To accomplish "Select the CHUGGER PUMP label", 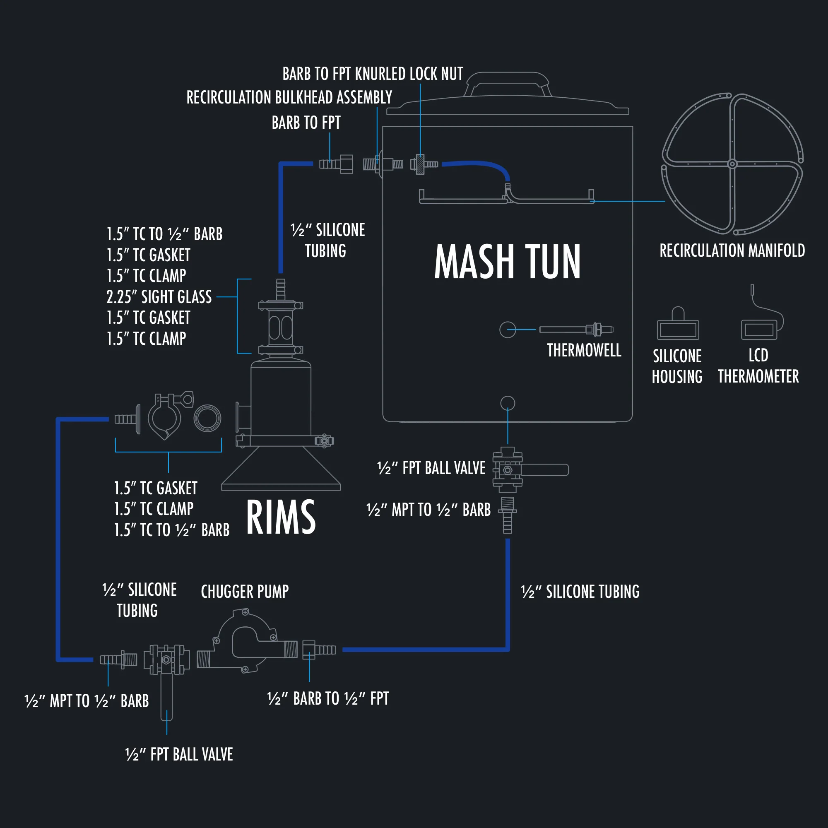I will (x=245, y=592).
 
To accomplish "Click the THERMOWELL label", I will (x=584, y=350).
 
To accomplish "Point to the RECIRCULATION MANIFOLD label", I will (x=732, y=250).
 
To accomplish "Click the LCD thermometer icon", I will (x=759, y=329).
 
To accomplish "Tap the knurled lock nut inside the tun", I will (x=421, y=164).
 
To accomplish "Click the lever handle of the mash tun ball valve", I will (x=545, y=470).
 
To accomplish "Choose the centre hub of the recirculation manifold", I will (x=732, y=164).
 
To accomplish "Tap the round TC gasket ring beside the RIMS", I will (x=207, y=418).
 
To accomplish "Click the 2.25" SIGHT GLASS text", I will (x=159, y=296).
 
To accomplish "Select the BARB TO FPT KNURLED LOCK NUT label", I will (x=373, y=74).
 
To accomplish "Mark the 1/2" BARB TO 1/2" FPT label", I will (x=328, y=698).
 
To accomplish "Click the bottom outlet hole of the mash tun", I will (x=508, y=403).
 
